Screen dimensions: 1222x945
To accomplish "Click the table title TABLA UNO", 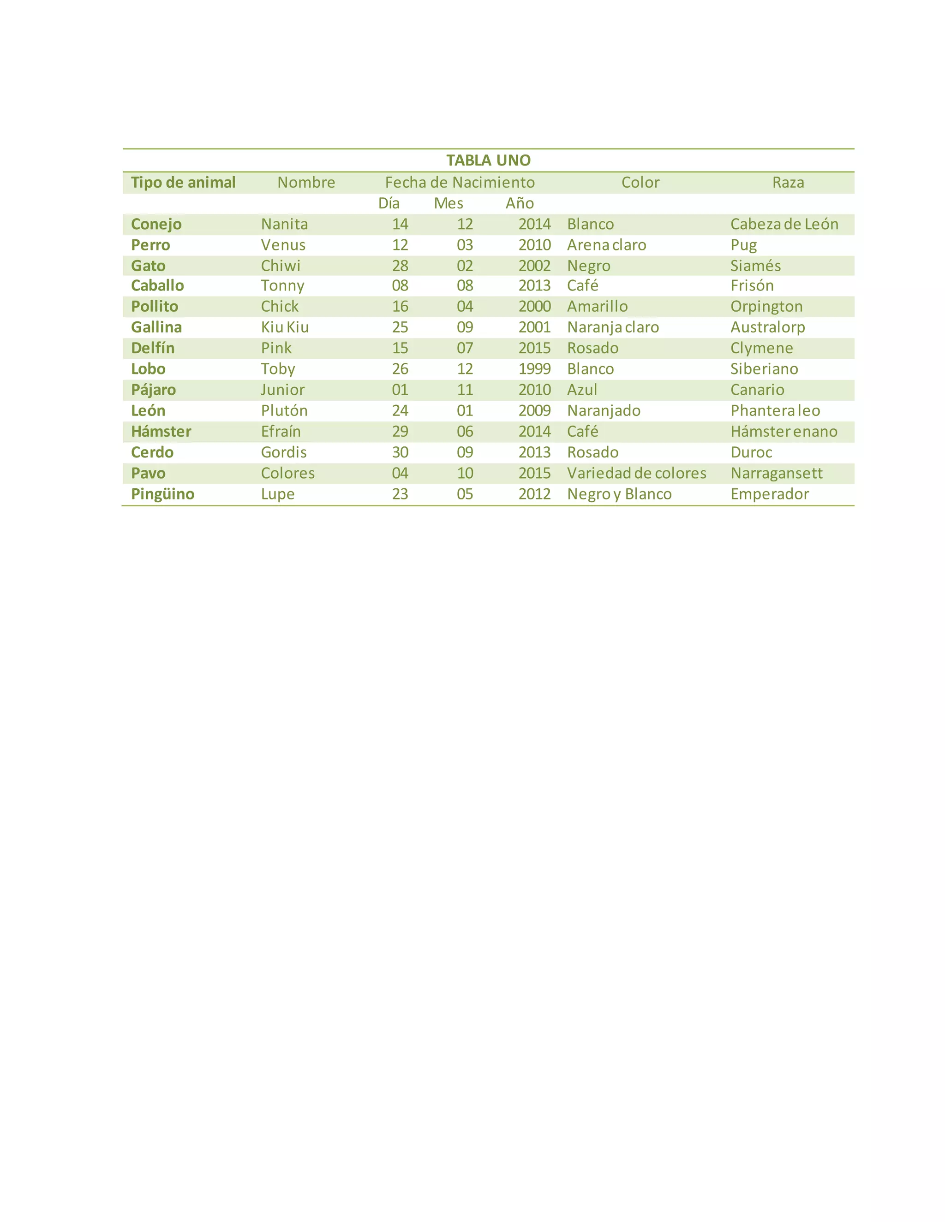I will point(488,160).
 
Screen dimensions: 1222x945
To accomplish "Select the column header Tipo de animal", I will point(183,183).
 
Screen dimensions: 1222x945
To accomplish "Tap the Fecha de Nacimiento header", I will point(460,183).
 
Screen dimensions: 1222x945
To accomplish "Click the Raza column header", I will point(788,183).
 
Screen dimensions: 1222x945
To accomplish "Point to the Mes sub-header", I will point(449,203).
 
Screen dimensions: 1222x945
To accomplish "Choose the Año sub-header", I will point(520,203).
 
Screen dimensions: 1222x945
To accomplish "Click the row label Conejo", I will point(156,225).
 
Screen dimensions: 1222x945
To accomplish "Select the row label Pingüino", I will point(162,494).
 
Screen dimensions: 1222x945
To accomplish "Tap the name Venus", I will point(283,245).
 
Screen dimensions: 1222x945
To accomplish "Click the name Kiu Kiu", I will point(285,327).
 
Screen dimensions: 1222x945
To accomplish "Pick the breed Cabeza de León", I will point(784,225).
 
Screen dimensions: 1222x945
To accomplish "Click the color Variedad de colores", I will point(636,474).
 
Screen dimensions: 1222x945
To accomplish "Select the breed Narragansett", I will point(777,474).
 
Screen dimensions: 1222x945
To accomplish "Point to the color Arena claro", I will point(606,245).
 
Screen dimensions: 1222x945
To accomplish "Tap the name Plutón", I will point(284,411).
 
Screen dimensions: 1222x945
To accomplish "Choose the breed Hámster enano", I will point(784,432).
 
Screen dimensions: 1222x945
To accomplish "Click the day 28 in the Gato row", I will point(400,266).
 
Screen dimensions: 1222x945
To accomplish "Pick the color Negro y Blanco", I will point(619,494).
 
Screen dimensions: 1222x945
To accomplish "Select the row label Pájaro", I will point(153,390).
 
